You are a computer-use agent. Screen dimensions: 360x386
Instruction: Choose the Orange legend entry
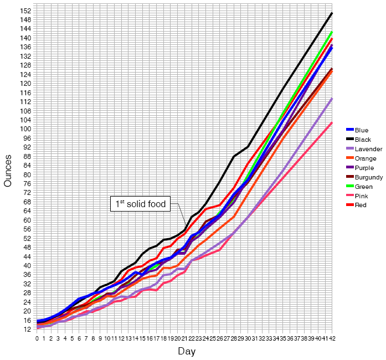click(x=363, y=158)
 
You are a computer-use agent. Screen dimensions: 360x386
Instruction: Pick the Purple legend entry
click(x=362, y=168)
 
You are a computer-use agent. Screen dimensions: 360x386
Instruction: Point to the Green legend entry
click(x=362, y=187)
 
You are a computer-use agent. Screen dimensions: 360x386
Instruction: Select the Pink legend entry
click(x=360, y=196)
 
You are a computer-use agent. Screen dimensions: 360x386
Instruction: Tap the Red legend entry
click(x=360, y=205)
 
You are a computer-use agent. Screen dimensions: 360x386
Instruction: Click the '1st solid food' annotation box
click(x=141, y=204)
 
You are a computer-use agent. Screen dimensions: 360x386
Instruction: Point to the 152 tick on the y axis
click(x=26, y=11)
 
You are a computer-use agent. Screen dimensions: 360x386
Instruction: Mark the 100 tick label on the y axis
click(x=26, y=129)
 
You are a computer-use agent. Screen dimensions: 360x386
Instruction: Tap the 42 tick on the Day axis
click(x=332, y=338)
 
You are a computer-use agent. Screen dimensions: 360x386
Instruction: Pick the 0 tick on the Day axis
click(x=37, y=338)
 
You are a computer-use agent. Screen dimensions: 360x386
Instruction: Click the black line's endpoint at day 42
click(x=332, y=13)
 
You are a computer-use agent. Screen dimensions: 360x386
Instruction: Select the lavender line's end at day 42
click(x=332, y=98)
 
